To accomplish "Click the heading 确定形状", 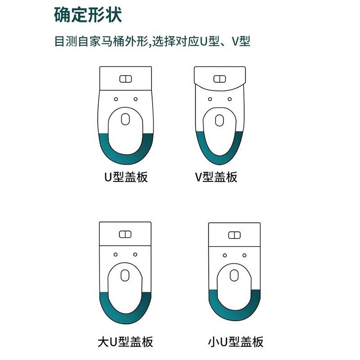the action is click(88, 15).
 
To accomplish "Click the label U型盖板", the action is click(126, 177).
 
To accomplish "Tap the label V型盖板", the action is click(216, 177).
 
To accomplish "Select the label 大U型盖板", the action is click(126, 342).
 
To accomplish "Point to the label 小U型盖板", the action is click(235, 342).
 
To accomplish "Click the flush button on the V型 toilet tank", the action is click(220, 79).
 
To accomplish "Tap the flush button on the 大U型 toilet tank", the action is click(125, 234).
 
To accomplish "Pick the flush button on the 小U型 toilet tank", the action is click(234, 235).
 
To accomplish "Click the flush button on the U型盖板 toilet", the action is click(126, 79).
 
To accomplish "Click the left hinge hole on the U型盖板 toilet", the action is click(116, 99).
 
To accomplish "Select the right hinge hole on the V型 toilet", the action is click(229, 99).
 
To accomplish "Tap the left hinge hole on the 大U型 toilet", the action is click(116, 255).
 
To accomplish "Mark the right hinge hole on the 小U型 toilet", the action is click(244, 255).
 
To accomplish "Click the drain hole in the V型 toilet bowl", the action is click(220, 120).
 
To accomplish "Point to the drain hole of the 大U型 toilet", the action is click(125, 275).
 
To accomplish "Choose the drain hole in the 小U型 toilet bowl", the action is click(234, 275).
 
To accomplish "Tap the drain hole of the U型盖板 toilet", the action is click(126, 119).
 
